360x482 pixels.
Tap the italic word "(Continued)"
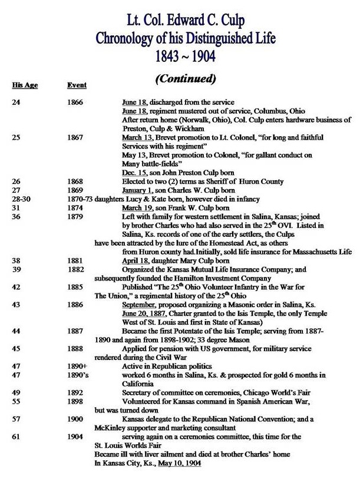pyautogui.click(x=186, y=78)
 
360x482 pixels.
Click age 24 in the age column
pyautogui.click(x=16, y=103)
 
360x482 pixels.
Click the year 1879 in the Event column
pyautogui.click(x=76, y=218)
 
